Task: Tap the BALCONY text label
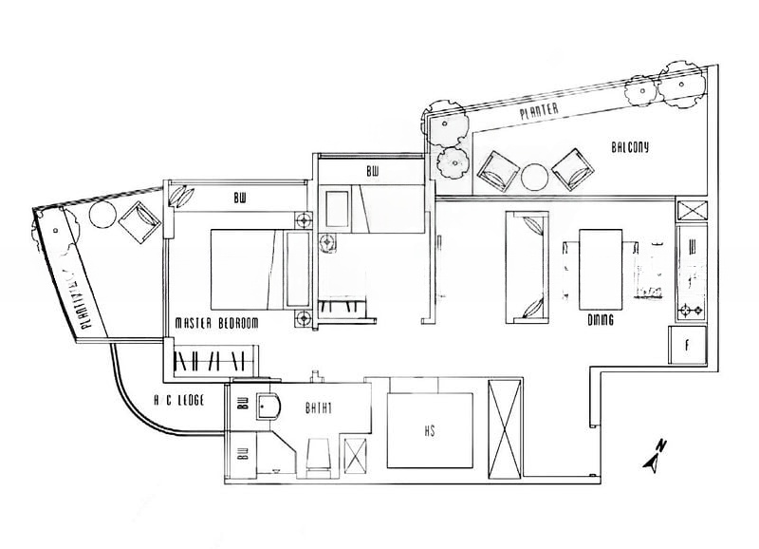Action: [x=630, y=147]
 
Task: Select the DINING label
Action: [x=600, y=320]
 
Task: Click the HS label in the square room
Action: [x=429, y=429]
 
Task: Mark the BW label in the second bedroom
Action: [x=372, y=172]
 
